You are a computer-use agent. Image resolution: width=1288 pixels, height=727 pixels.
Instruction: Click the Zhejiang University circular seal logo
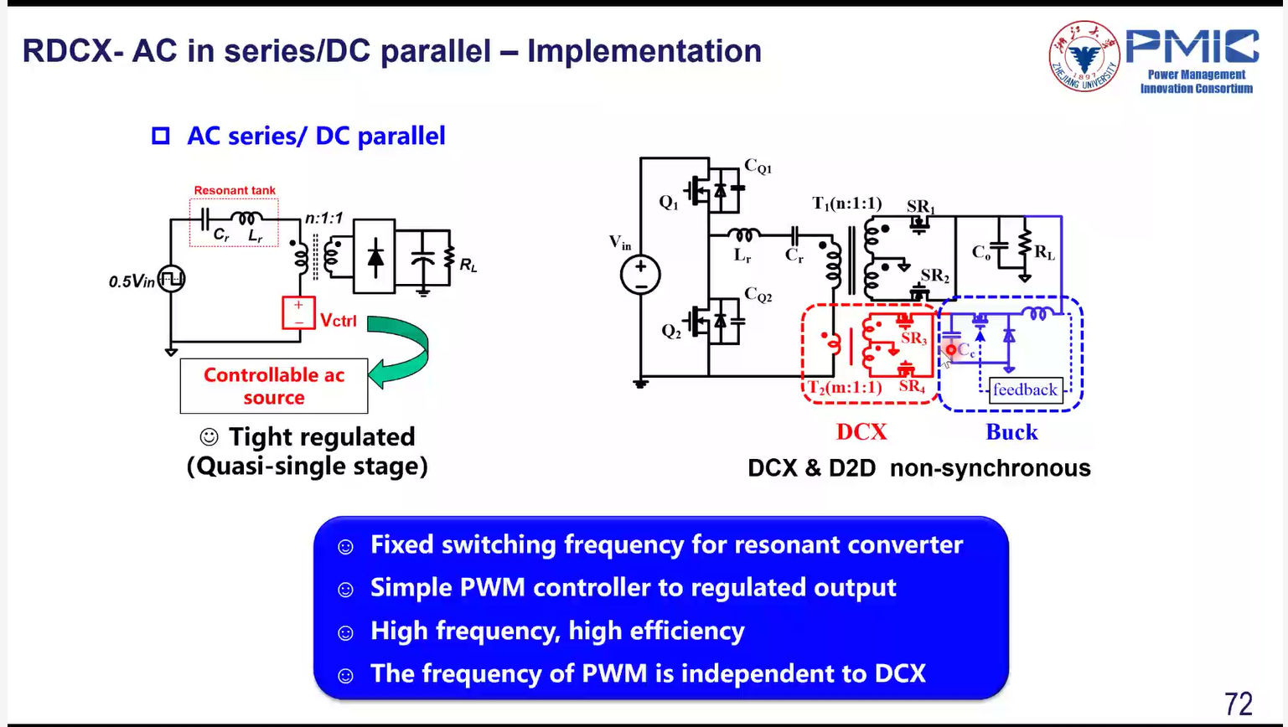tap(1084, 56)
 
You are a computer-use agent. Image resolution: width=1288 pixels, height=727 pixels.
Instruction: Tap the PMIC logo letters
tap(1192, 48)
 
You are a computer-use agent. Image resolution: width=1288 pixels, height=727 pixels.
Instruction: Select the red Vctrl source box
tap(298, 313)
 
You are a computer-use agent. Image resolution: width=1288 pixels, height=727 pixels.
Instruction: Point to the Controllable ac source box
tap(274, 386)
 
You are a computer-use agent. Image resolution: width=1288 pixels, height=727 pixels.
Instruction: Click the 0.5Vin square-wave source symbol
tap(172, 280)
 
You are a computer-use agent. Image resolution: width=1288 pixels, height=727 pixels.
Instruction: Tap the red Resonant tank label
tap(235, 191)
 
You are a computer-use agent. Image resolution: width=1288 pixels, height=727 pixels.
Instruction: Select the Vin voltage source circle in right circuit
tap(640, 275)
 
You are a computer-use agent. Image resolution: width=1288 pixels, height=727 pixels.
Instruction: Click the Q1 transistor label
tap(669, 203)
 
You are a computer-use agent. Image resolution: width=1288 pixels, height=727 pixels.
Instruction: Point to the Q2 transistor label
tap(671, 332)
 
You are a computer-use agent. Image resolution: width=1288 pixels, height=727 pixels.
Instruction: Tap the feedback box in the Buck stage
tap(1025, 389)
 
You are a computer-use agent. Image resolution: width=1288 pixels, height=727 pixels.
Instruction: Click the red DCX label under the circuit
tap(861, 431)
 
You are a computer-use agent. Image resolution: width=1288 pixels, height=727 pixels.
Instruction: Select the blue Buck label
tap(1011, 431)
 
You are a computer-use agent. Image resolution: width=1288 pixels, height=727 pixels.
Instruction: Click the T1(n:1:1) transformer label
tap(846, 204)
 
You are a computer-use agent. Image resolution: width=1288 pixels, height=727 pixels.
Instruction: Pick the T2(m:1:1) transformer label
tap(845, 387)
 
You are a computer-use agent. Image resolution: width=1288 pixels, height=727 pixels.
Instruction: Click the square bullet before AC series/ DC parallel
tap(161, 136)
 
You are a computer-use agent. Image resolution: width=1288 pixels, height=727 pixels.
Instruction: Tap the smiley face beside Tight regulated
tap(209, 437)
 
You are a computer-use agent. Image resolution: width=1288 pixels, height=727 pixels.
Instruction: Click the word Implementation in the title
tap(644, 51)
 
